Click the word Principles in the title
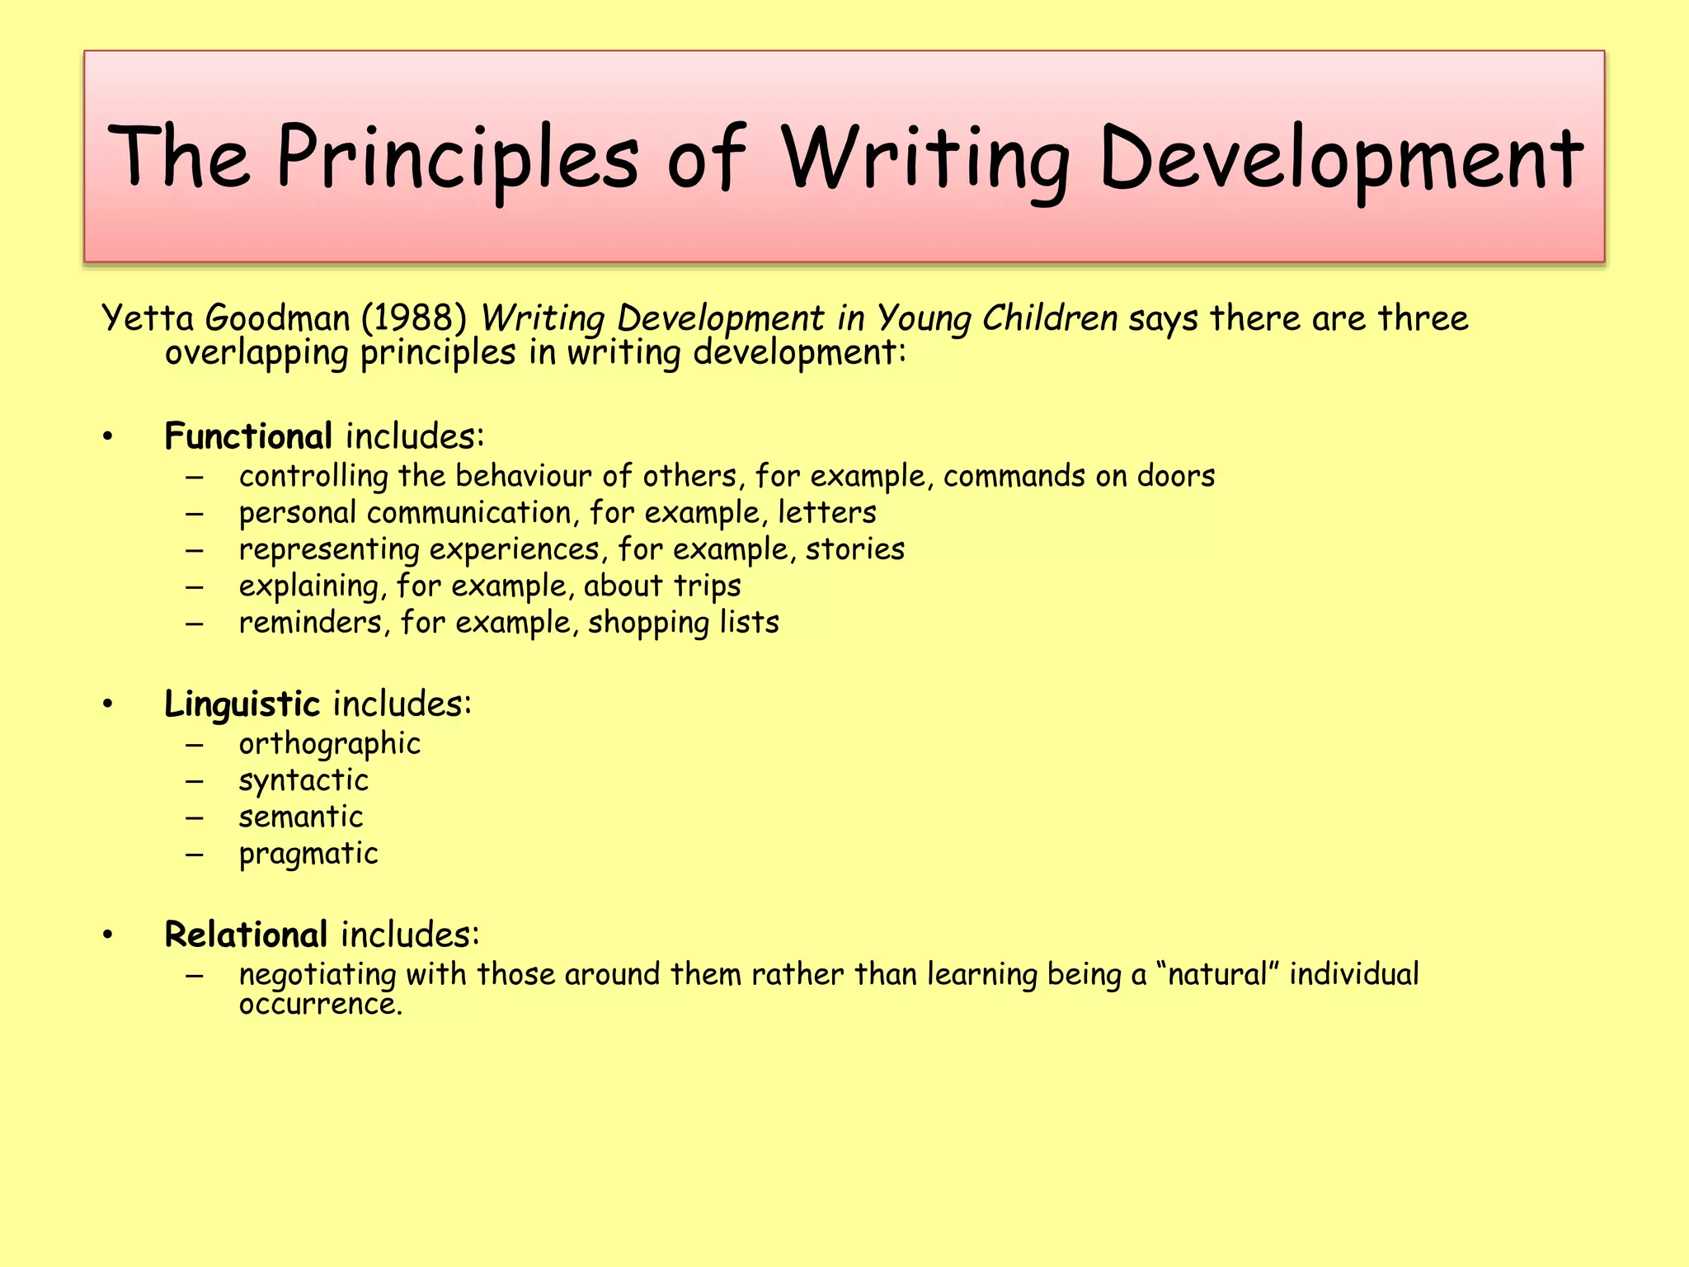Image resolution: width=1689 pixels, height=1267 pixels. [x=457, y=157]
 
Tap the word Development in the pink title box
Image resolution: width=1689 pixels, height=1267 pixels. [x=1340, y=157]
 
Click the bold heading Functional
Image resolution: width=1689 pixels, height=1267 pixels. [x=248, y=436]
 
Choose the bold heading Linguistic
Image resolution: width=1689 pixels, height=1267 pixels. [x=242, y=704]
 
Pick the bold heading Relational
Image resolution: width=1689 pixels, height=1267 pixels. [x=246, y=935]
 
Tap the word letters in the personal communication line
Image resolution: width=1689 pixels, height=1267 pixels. [x=826, y=513]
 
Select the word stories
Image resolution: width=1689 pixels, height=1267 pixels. [x=854, y=549]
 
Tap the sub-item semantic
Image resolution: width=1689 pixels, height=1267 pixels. [x=301, y=817]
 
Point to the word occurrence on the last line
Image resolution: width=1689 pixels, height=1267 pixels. [x=320, y=1005]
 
